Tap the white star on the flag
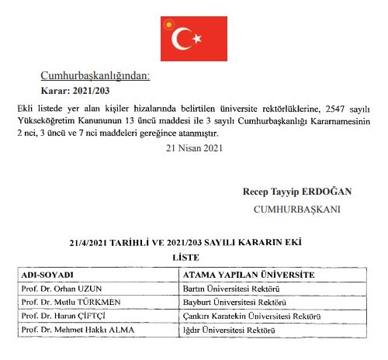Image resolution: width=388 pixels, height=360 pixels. coord(197,37)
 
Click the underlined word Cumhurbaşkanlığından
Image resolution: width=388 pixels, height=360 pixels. coord(95,76)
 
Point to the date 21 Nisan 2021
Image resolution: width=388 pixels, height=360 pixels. coord(193,147)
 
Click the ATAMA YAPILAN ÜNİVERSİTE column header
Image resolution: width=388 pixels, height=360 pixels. coord(248,275)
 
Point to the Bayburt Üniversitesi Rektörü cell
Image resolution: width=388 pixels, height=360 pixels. coord(234,302)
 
